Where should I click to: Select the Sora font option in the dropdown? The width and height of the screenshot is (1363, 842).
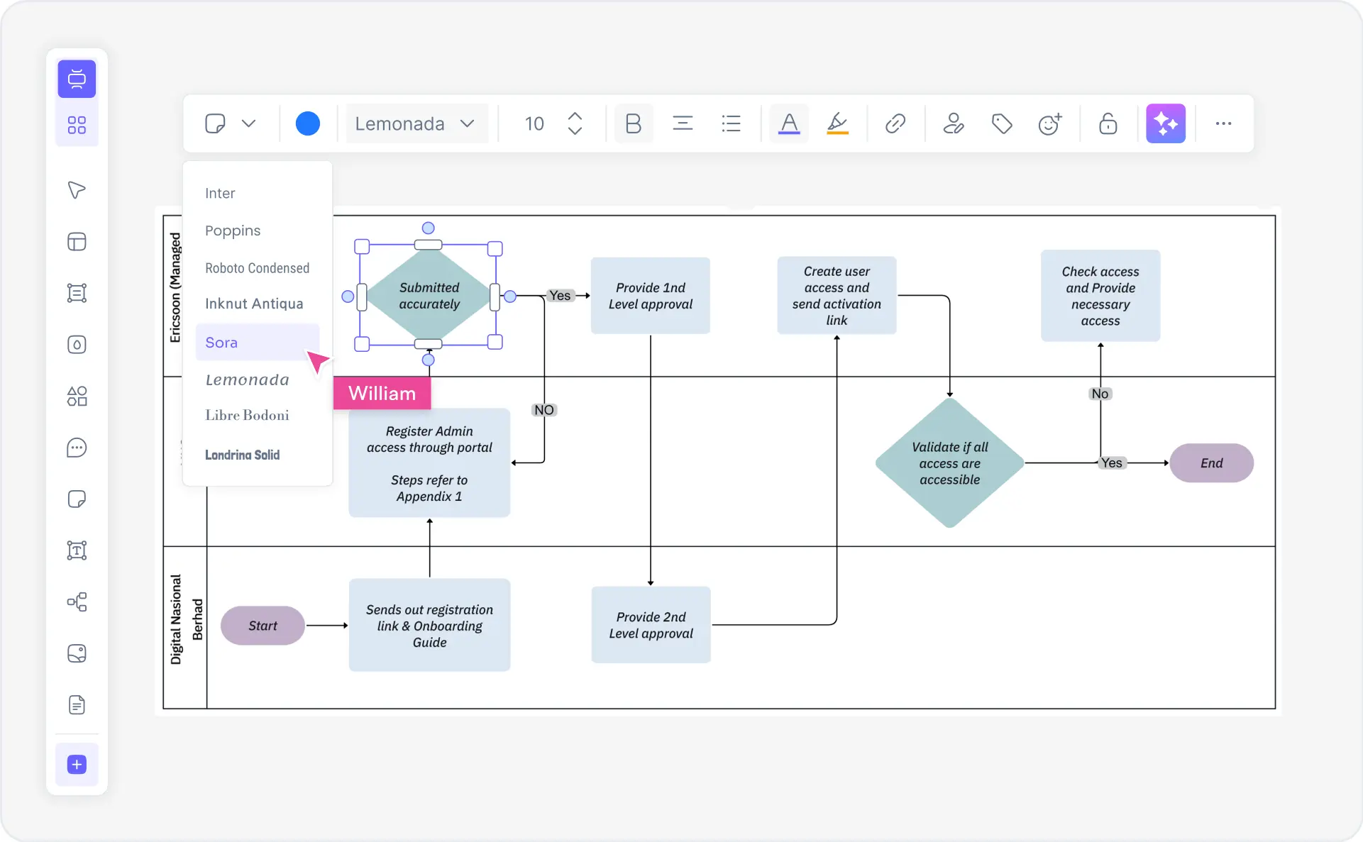pyautogui.click(x=222, y=343)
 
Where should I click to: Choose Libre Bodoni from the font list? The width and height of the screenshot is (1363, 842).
pyautogui.click(x=247, y=416)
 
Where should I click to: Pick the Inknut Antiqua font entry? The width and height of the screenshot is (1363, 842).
pyautogui.click(x=254, y=304)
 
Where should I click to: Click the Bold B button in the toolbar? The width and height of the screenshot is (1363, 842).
pyautogui.click(x=633, y=123)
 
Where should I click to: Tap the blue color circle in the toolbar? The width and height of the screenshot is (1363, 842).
pyautogui.click(x=307, y=123)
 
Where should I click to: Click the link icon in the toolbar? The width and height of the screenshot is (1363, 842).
pyautogui.click(x=895, y=123)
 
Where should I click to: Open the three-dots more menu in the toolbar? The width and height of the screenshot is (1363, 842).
pyautogui.click(x=1223, y=123)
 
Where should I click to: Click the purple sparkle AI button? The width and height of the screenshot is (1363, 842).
pyautogui.click(x=1166, y=123)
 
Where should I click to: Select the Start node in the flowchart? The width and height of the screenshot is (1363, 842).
pyautogui.click(x=263, y=626)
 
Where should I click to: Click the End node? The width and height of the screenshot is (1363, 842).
pyautogui.click(x=1211, y=463)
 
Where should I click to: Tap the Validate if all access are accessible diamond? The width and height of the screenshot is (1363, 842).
pyautogui.click(x=949, y=463)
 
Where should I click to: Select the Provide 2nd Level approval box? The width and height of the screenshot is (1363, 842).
pyautogui.click(x=651, y=625)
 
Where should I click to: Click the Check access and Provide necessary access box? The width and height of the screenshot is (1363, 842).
pyautogui.click(x=1100, y=296)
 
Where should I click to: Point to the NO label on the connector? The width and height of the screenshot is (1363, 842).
pyautogui.click(x=544, y=410)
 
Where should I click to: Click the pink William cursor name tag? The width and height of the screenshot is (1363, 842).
pyautogui.click(x=382, y=394)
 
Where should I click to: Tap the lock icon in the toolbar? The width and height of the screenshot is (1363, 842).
pyautogui.click(x=1108, y=123)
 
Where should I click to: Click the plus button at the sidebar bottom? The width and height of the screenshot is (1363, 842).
pyautogui.click(x=77, y=765)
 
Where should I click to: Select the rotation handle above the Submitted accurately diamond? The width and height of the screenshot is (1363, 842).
pyautogui.click(x=428, y=228)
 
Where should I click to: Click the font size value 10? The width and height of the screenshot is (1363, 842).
pyautogui.click(x=534, y=124)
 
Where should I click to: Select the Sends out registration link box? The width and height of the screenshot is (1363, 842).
pyautogui.click(x=429, y=626)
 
